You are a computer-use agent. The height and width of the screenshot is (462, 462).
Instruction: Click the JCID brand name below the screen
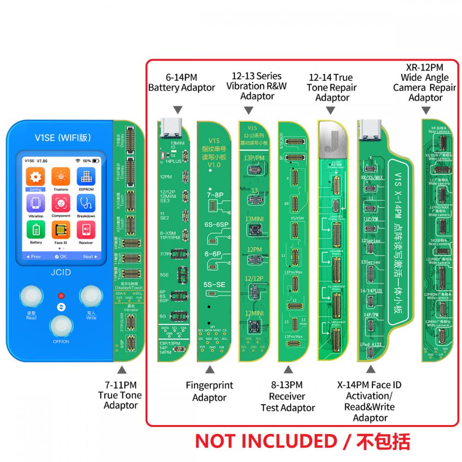61,272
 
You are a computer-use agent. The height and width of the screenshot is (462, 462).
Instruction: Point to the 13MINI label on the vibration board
254,219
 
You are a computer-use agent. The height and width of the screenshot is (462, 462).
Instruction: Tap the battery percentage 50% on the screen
86,160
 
